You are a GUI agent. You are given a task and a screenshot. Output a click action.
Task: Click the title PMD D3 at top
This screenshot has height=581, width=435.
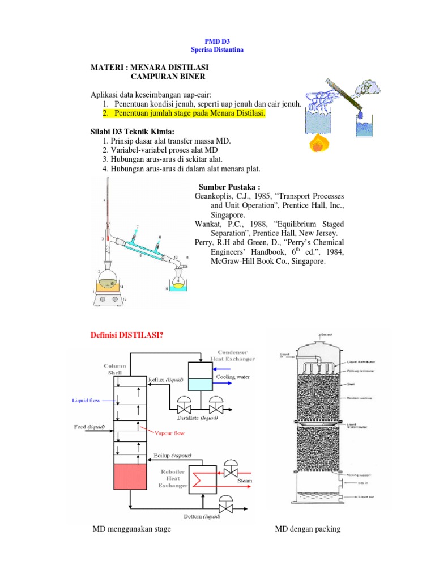coord(217,41)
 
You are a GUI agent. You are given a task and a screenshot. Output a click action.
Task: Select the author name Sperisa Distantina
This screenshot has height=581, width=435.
coord(217,50)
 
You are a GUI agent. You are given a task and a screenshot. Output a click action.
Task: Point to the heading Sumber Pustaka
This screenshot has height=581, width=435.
coord(229,188)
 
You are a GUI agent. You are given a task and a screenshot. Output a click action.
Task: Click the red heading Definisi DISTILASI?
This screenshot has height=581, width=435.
coord(127,336)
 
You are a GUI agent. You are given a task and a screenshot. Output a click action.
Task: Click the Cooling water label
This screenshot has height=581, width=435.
coord(231,376)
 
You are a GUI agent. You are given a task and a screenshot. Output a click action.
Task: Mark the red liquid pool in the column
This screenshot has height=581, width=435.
coord(130,476)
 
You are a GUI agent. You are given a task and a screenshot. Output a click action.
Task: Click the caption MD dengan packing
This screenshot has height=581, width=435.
coord(308,529)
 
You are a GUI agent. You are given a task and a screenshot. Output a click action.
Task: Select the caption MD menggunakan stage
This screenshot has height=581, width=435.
coord(132,529)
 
